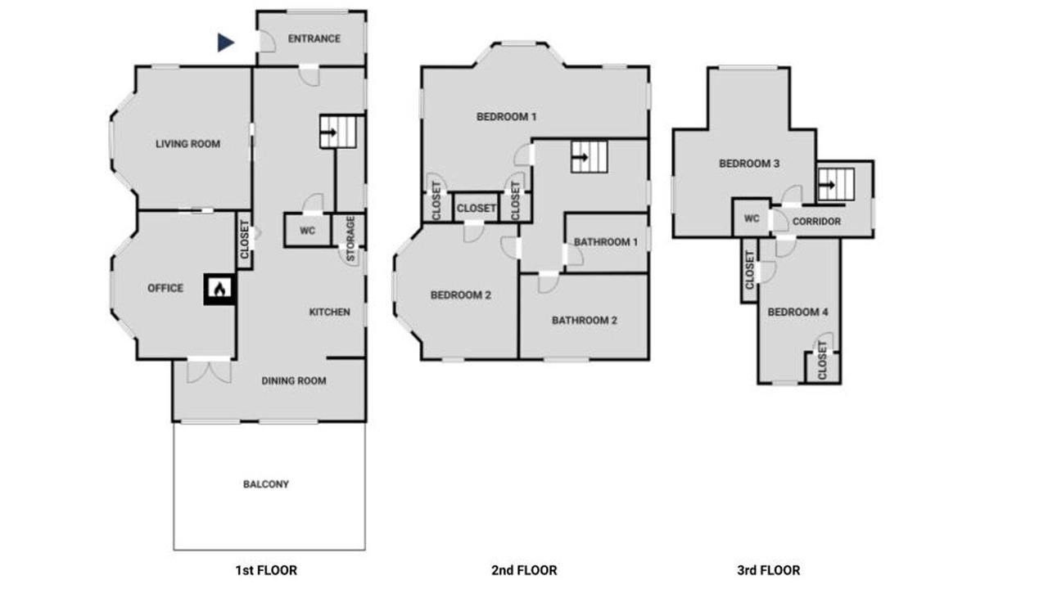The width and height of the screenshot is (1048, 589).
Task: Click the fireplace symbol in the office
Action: pos(219,290)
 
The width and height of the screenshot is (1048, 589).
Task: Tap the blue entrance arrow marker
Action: pos(225,43)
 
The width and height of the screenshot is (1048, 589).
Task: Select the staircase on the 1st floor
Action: pos(338,133)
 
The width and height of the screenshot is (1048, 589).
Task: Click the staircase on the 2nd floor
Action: pos(589,157)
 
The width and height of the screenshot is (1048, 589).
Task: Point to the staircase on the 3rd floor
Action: pos(836,185)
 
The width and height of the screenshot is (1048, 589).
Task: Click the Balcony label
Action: pos(266,484)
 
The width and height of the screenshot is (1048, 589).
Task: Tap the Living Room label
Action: pos(188,144)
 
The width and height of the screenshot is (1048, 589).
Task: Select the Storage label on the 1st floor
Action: pos(350,239)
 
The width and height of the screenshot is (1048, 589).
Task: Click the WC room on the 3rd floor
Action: pos(752,218)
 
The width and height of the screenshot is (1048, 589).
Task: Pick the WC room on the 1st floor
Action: pos(307,231)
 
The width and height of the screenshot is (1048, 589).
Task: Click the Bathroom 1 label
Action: pos(606,242)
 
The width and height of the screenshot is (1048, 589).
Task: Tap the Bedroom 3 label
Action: pos(749,164)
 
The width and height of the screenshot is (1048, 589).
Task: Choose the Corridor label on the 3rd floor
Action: pos(816,222)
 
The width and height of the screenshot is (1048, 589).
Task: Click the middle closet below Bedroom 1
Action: pos(476,208)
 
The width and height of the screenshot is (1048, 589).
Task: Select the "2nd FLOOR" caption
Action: pos(524,570)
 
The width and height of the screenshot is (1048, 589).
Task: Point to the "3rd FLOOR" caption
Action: pos(768,570)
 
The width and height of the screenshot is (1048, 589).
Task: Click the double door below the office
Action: pos(209,371)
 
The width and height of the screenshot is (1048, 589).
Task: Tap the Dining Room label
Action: pos(294,381)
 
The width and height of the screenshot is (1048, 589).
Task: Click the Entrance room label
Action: pos(314,38)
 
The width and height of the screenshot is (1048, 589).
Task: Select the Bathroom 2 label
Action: pos(585,321)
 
